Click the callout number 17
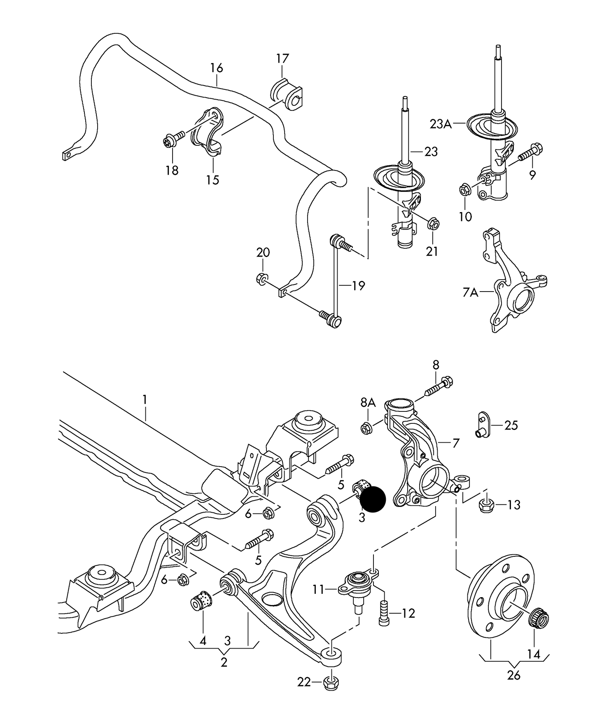coord(282,58)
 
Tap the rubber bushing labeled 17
coord(287,96)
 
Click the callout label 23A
coord(441,124)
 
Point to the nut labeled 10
coord(464,190)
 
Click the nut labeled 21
coord(433,224)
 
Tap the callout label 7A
coord(470,292)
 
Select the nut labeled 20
coord(261,279)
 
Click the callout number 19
coord(358,285)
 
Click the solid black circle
coord(373,499)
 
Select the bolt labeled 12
coord(384,614)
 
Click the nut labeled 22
coord(332,682)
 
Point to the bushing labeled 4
coord(201,601)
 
